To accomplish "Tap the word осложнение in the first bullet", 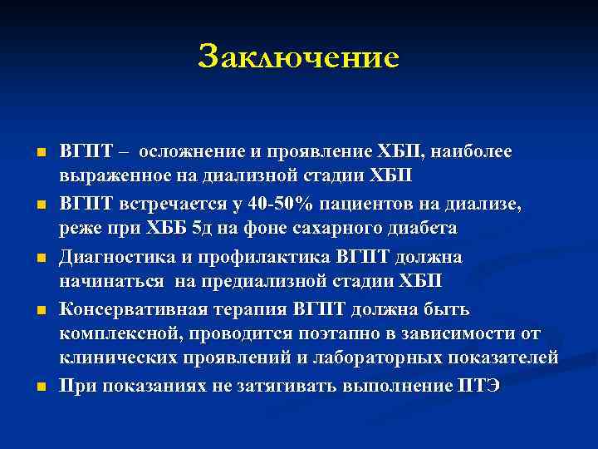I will (x=192, y=152).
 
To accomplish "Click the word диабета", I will (x=419, y=229).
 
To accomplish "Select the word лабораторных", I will (x=369, y=358).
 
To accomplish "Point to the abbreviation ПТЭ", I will (x=478, y=387).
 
